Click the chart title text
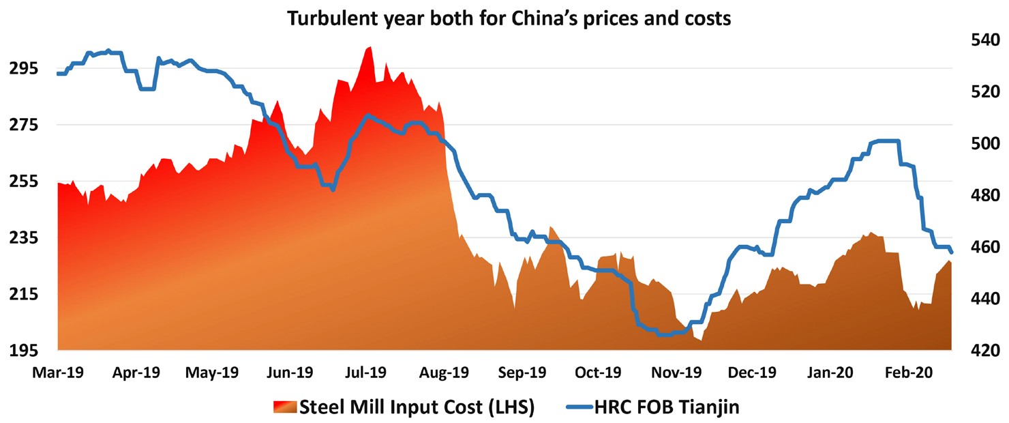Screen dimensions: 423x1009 pos(509,19)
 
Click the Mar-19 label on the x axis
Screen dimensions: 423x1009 pos(58,373)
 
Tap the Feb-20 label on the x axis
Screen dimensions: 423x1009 pos(916,373)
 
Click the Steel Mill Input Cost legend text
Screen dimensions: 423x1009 pos(416,408)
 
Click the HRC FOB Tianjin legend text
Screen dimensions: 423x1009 pos(667,408)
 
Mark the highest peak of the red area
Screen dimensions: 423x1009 pos(370,47)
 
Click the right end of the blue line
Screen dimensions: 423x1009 pos(952,252)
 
